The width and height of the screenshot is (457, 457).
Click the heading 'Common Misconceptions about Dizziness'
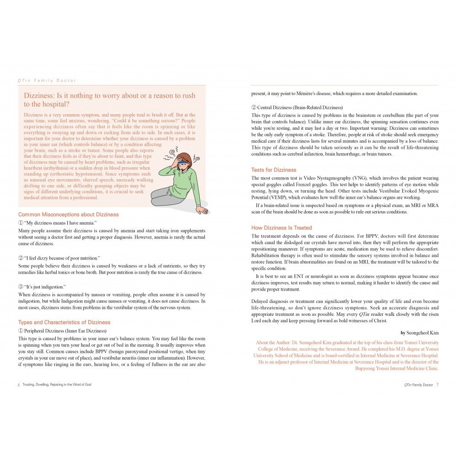tap(68, 214)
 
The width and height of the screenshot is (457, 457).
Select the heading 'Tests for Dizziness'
tap(274, 170)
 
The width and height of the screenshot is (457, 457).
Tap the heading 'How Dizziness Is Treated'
tap(282, 228)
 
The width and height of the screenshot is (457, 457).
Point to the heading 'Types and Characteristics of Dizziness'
tap(64, 322)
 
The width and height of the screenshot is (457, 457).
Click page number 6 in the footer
tap(19, 385)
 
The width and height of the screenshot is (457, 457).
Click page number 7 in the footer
tap(437, 385)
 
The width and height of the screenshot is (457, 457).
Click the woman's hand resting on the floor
tap(201, 210)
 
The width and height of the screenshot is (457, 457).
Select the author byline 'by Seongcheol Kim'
tap(420, 333)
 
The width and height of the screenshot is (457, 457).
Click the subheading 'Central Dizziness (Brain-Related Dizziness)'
tap(297, 107)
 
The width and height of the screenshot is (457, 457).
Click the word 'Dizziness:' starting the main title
tap(40, 96)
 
